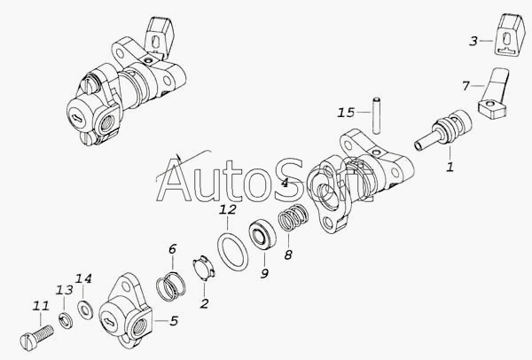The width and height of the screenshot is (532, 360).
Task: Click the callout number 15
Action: (x=346, y=113)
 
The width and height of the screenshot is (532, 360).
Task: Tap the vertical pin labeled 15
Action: (x=376, y=115)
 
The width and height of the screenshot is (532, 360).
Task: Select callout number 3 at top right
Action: (x=473, y=41)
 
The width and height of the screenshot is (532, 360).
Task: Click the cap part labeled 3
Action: (x=509, y=35)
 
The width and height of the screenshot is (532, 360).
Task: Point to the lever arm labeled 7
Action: (x=494, y=96)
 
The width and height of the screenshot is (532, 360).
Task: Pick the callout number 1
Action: (x=450, y=167)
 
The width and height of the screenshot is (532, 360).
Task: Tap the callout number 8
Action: (x=288, y=254)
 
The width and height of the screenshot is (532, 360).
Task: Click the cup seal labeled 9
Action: (x=262, y=236)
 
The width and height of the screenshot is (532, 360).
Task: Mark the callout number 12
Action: (x=227, y=209)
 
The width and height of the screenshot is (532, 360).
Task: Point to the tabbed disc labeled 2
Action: (x=204, y=268)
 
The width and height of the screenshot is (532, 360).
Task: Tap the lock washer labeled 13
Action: (x=66, y=321)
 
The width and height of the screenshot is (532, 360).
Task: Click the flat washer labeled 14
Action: (x=85, y=309)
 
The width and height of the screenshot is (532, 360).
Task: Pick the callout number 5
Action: (x=174, y=321)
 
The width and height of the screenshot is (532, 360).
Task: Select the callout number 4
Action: (x=285, y=183)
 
